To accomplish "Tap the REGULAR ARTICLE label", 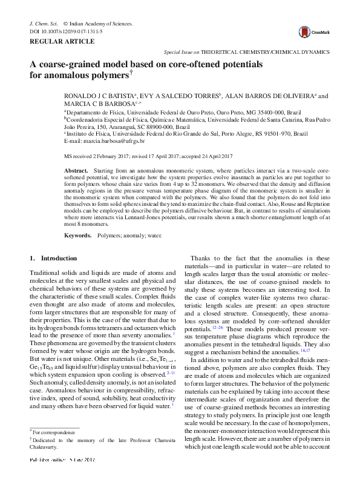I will coord(62,41).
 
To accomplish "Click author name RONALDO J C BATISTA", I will coord(99,96).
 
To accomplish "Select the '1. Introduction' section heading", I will coord(53,258).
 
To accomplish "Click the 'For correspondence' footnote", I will coord(51,432).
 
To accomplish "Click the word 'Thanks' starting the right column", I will coord(202,258).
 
